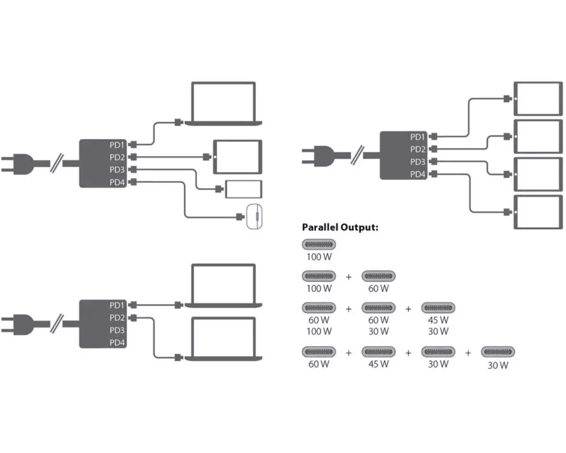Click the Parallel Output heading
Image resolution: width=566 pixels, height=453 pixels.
pyautogui.click(x=340, y=227)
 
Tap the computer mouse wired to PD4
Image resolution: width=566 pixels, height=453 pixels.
pyautogui.click(x=254, y=216)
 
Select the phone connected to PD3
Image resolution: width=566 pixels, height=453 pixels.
pyautogui.click(x=243, y=189)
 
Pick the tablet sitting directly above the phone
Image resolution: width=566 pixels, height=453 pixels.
pyautogui.click(x=238, y=157)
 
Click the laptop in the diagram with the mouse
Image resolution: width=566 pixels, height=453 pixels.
pyautogui.click(x=224, y=104)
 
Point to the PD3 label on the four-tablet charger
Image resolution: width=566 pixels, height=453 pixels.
pyautogui.click(x=418, y=162)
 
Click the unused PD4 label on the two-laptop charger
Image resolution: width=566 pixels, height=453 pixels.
pyautogui.click(x=117, y=343)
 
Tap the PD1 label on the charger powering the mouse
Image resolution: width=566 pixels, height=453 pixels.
pyautogui.click(x=117, y=145)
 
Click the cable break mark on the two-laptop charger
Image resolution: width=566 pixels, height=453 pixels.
pyautogui.click(x=57, y=324)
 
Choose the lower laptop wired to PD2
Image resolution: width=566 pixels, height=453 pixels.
pyautogui.click(x=224, y=339)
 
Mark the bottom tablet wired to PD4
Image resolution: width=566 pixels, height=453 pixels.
pyautogui.click(x=538, y=212)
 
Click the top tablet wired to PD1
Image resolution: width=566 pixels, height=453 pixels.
pyautogui.click(x=538, y=99)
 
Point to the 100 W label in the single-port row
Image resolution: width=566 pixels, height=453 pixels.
pyautogui.click(x=319, y=257)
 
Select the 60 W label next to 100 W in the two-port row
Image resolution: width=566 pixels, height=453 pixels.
pyautogui.click(x=379, y=288)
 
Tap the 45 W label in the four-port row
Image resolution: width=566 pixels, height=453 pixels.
pyautogui.click(x=379, y=364)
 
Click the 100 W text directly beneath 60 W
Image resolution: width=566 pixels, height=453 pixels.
pyautogui.click(x=319, y=331)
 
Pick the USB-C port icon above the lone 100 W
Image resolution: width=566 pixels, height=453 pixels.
pyautogui.click(x=319, y=245)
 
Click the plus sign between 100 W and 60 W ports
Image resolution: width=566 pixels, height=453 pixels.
pyautogui.click(x=349, y=277)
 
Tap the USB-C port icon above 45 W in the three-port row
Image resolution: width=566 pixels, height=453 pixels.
pyautogui.click(x=438, y=308)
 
